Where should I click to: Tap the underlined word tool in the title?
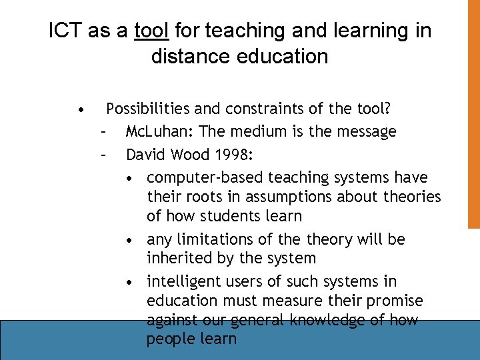pos(153,31)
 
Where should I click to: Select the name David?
pos(147,155)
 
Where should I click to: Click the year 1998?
pos(233,155)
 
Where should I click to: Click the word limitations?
pos(213,239)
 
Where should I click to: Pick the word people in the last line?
pos(168,339)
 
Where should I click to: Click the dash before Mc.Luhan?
pos(103,132)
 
